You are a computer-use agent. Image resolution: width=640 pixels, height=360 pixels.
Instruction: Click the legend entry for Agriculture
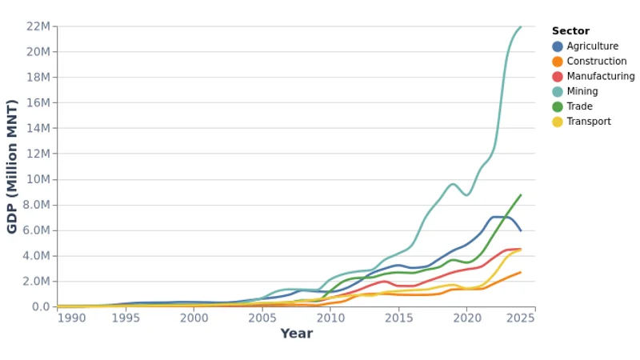pyautogui.click(x=592, y=46)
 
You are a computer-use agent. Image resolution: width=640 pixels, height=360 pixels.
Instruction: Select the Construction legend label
pyautogui.click(x=596, y=62)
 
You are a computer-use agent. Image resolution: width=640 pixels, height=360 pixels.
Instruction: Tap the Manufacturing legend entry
pyautogui.click(x=600, y=77)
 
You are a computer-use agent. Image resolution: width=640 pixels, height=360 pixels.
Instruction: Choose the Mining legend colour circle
pyautogui.click(x=558, y=92)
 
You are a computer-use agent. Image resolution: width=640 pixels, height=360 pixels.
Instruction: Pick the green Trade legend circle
pyautogui.click(x=558, y=106)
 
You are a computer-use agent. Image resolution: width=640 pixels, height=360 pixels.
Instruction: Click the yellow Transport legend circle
pyautogui.click(x=558, y=122)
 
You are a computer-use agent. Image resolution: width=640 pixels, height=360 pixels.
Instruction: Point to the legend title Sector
pyautogui.click(x=570, y=31)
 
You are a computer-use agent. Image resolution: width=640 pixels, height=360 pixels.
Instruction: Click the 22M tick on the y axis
pyautogui.click(x=38, y=26)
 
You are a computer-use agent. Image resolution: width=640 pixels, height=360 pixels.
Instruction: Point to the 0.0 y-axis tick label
pyautogui.click(x=41, y=307)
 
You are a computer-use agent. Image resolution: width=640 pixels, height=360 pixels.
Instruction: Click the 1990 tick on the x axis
pyautogui.click(x=71, y=318)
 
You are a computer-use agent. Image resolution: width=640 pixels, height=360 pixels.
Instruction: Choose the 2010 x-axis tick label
pyautogui.click(x=330, y=318)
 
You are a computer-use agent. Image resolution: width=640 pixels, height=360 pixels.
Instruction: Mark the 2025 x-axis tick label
pyautogui.click(x=521, y=318)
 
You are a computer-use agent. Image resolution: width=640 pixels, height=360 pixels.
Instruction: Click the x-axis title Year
pyautogui.click(x=296, y=334)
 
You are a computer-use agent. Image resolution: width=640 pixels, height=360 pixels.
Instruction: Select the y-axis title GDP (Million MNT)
pyautogui.click(x=12, y=166)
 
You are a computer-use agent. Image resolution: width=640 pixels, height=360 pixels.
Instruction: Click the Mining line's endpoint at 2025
pyautogui.click(x=521, y=26)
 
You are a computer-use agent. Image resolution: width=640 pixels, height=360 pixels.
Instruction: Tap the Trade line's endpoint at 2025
pyautogui.click(x=521, y=194)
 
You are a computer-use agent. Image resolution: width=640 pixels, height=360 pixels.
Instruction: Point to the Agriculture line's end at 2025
pyautogui.click(x=521, y=230)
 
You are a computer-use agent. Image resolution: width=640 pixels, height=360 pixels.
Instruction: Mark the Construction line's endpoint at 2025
pyautogui.click(x=521, y=272)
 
